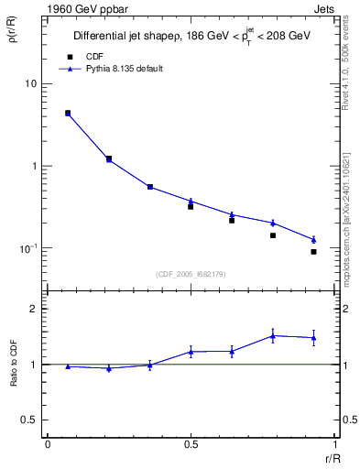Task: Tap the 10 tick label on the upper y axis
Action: coord(30,83)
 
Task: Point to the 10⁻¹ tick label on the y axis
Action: coord(27,248)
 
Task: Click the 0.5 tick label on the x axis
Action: coord(191,445)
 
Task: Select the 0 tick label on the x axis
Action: coord(48,445)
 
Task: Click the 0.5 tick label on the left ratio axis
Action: coord(29,420)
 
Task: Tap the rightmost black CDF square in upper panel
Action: coord(313,252)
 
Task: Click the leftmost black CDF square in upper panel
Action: coord(68,114)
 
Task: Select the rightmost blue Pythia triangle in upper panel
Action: coord(313,240)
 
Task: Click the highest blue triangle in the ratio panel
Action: coord(272,335)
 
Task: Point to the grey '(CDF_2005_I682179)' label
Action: coord(191,273)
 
